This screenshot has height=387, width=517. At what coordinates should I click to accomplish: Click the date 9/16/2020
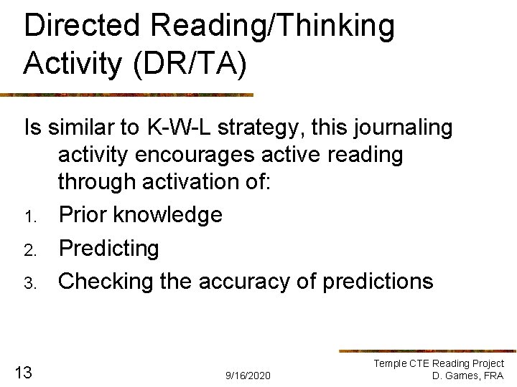click(x=248, y=376)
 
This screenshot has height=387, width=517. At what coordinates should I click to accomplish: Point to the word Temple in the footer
click(x=391, y=364)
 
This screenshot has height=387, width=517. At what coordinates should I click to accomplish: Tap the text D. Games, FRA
click(x=467, y=376)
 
